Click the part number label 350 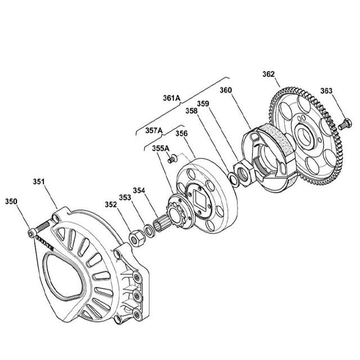click(x=11, y=201)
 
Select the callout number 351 click(x=38, y=182)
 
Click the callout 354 click(x=139, y=190)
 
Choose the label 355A click(x=162, y=148)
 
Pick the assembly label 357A click(x=154, y=130)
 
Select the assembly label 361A click(x=171, y=98)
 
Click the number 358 click(x=191, y=112)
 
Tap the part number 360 click(x=226, y=90)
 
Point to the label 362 click(x=268, y=73)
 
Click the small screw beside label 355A click(x=173, y=159)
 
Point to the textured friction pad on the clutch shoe click(x=276, y=137)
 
